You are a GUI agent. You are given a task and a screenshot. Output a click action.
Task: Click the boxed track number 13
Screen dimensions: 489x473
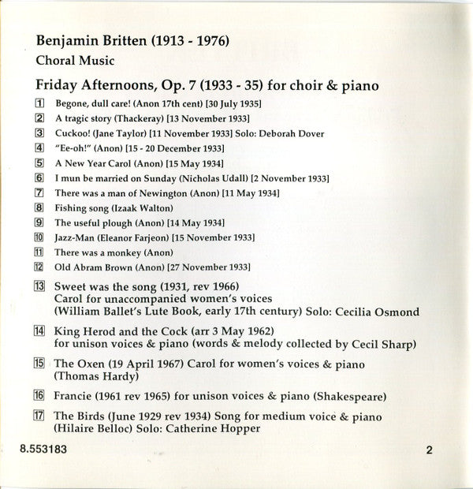pyautogui.click(x=39, y=286)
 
